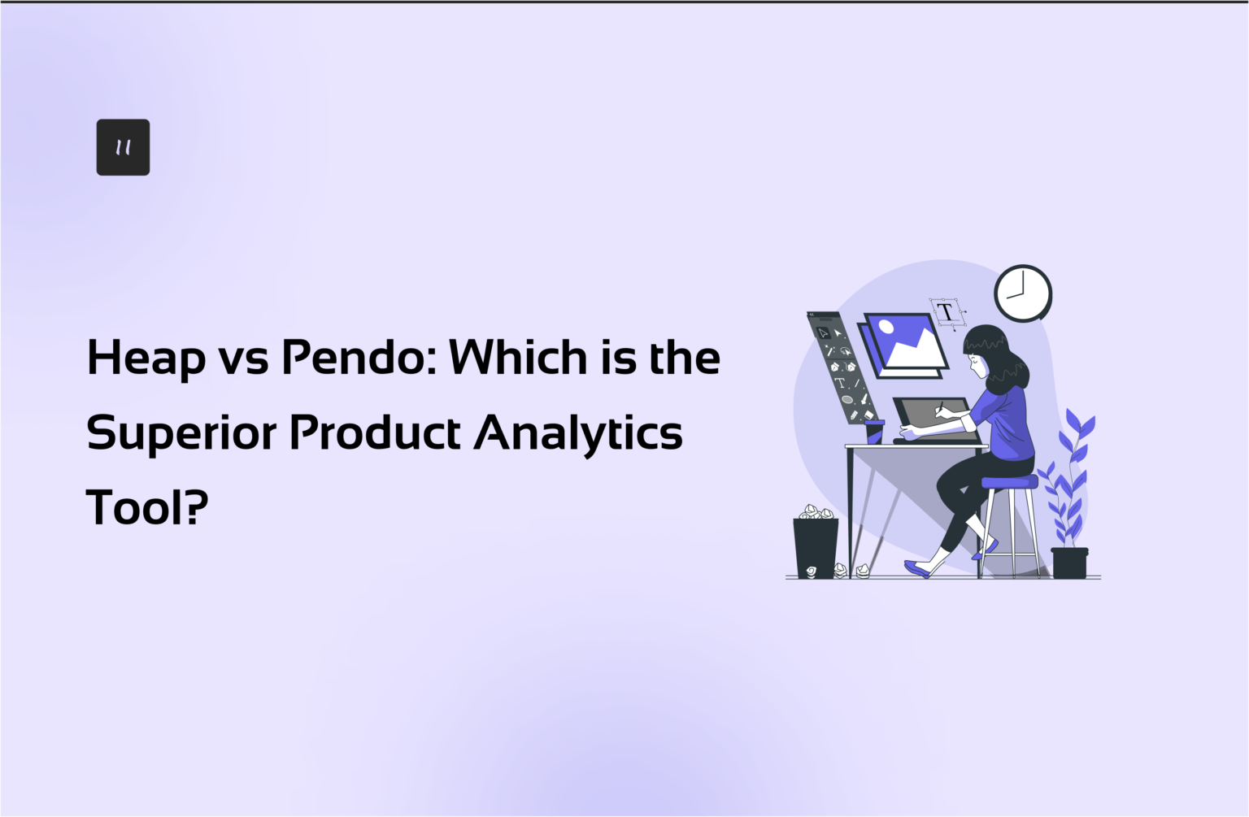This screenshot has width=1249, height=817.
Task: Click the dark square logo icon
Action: pos(123,147)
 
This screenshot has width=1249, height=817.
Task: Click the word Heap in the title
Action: pos(146,359)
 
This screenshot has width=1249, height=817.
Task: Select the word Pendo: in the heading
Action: pos(358,358)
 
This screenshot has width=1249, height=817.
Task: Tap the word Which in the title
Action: pos(517,357)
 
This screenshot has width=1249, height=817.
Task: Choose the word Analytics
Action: pos(578,433)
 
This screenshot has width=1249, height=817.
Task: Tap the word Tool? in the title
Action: pos(147,507)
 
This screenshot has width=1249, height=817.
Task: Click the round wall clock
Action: pos(1023,293)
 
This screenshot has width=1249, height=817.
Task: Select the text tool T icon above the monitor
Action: pos(946,312)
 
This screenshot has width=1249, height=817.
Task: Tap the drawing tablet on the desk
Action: pos(935,419)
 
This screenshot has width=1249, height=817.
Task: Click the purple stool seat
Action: pos(1009,482)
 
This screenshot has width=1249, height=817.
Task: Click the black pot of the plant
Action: pos(1069,563)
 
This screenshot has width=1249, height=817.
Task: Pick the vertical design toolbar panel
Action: pos(839,366)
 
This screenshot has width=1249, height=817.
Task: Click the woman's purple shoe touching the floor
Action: pos(917,568)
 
